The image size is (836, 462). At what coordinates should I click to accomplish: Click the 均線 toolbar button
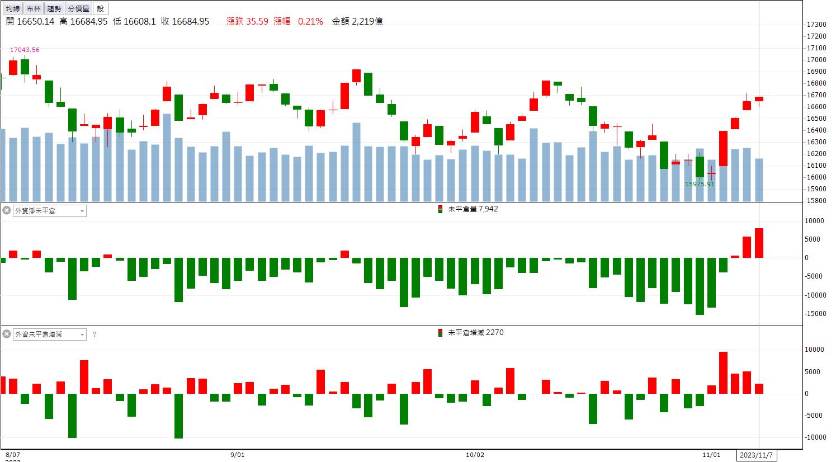(x=13, y=8)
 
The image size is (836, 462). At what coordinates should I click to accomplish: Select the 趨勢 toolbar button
(x=54, y=8)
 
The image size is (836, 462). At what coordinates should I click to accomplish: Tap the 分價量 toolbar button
(x=78, y=8)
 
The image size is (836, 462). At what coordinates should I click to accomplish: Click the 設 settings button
(x=101, y=8)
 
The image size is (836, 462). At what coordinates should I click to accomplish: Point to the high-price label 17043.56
(x=25, y=50)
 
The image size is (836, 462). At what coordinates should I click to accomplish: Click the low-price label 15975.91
(x=700, y=184)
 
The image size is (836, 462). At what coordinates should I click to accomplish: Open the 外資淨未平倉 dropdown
(x=50, y=211)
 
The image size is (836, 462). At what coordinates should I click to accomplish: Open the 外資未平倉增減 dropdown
(x=50, y=334)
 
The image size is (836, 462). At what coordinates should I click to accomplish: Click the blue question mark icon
(x=95, y=334)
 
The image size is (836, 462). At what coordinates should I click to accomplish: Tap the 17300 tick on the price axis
(x=816, y=25)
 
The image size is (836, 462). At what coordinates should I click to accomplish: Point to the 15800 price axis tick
(x=816, y=201)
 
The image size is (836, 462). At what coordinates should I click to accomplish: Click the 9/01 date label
(x=237, y=455)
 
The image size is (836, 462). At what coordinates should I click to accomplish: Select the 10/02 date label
(x=475, y=455)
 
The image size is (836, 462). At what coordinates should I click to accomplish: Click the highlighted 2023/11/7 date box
(x=757, y=455)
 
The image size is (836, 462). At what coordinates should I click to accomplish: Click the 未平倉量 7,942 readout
(x=473, y=209)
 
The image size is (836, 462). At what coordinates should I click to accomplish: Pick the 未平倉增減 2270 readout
(x=475, y=332)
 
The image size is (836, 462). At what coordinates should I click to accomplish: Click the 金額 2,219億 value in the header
(x=357, y=21)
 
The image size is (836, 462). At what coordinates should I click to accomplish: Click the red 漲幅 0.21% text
(x=298, y=21)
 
